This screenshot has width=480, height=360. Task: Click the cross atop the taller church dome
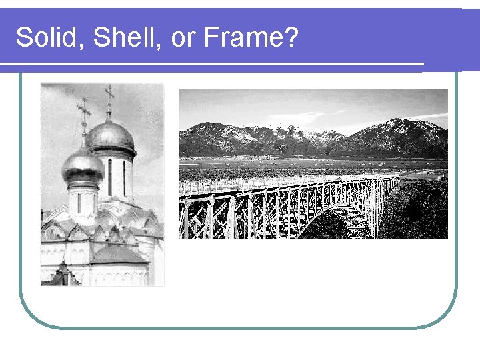(x=109, y=97)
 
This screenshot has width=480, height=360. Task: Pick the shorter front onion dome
(x=83, y=167)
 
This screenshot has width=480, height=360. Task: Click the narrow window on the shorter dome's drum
(x=79, y=203)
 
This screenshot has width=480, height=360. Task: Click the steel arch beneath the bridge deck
(x=333, y=212)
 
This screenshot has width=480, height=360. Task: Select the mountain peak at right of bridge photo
(x=399, y=123)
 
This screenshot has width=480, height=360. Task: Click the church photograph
(x=102, y=184)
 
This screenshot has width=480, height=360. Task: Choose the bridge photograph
(x=313, y=164)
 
